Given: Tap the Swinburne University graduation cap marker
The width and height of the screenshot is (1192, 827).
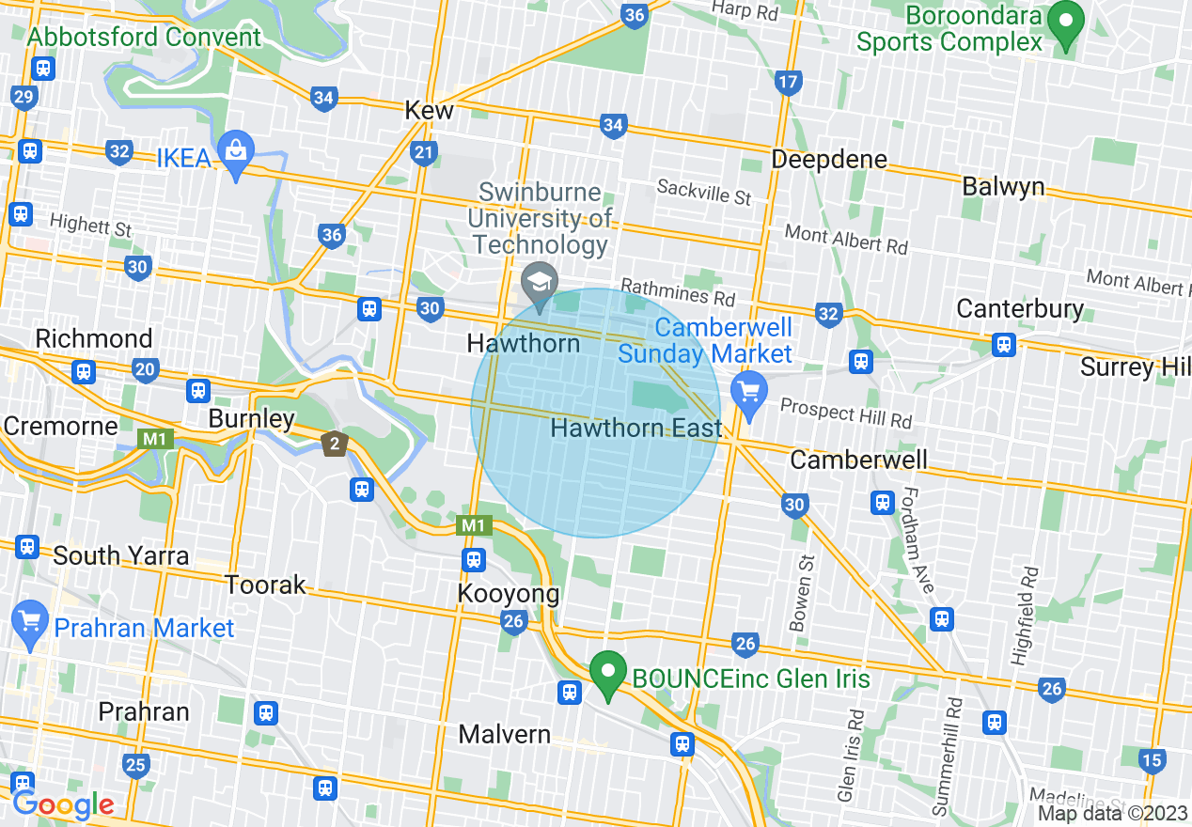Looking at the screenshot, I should pos(540,283).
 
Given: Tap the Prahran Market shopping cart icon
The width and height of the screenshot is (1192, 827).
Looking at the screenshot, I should pos(30,621).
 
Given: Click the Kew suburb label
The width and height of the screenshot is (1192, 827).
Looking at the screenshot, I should pos(429,110).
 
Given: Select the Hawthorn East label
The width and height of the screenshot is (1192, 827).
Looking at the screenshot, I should pos(636,429).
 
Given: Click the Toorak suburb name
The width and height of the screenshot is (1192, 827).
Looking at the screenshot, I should pos(265,585).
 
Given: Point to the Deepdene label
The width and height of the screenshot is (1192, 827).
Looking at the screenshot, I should pos(828,160).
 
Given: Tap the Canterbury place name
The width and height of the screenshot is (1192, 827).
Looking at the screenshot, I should pos(1020,308).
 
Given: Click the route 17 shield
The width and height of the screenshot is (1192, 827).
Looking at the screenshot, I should pos(788,82).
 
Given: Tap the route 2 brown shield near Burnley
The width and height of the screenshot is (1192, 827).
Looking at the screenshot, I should pos(334,444).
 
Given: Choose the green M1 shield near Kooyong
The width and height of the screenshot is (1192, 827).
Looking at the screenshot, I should pos(473,525).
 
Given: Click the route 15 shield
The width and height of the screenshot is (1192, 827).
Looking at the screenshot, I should pos(1151,760).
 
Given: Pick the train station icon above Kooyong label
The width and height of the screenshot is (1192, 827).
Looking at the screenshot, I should pos(473,560).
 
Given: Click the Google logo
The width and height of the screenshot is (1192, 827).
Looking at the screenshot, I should pos(63,804).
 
